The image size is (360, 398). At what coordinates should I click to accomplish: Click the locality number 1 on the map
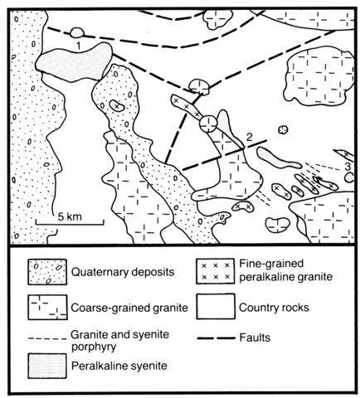click(x=79, y=46)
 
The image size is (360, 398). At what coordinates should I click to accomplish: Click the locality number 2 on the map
click(x=249, y=138)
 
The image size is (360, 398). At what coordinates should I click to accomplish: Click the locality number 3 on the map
click(x=348, y=166)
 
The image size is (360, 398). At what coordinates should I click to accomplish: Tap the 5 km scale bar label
click(x=70, y=216)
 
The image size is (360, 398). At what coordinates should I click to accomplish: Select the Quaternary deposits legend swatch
click(x=47, y=272)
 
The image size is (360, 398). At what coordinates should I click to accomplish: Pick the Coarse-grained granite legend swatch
click(x=47, y=307)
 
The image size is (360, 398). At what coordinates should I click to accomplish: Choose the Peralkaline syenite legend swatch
click(x=47, y=366)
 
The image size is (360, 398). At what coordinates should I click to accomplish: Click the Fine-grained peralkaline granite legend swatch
click(x=216, y=271)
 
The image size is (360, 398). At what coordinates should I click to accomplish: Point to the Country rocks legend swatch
click(x=216, y=307)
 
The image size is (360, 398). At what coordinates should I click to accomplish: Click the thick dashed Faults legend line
click(x=216, y=338)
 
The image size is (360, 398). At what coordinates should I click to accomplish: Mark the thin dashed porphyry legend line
click(x=47, y=338)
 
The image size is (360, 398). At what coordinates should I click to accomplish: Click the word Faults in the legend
click(x=255, y=337)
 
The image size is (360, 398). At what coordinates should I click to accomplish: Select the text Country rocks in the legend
click(x=274, y=308)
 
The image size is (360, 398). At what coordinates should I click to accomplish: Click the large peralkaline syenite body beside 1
click(x=74, y=62)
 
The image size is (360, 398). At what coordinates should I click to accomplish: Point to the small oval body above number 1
click(x=76, y=33)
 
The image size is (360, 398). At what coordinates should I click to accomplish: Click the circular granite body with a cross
click(x=208, y=124)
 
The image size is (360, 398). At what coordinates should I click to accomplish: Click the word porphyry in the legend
click(x=94, y=347)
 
